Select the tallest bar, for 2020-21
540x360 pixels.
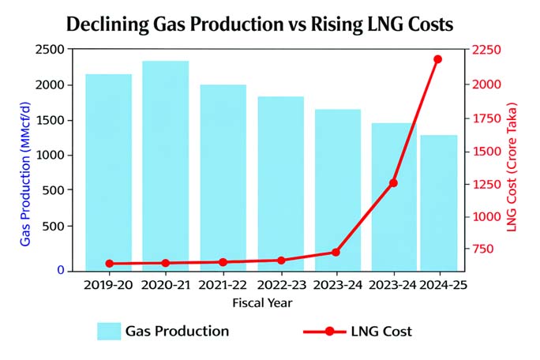(165, 166)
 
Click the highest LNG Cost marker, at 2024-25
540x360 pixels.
(438, 59)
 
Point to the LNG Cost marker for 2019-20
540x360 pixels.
(109, 264)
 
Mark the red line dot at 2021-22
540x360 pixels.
(223, 262)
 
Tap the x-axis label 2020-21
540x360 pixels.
(165, 285)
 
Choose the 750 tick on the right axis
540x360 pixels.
(485, 249)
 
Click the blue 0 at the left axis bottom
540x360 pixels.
(60, 270)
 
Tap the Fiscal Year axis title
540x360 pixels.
(263, 302)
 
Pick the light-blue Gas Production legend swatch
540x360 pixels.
(108, 332)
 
